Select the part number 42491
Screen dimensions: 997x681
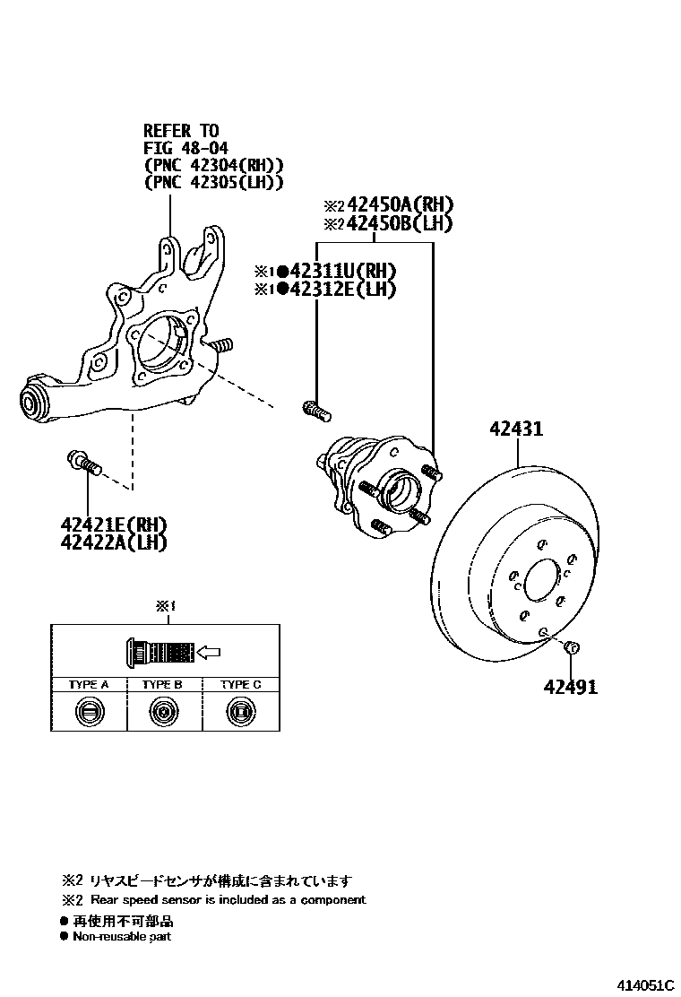point(570,687)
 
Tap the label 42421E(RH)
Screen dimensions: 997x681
point(114,525)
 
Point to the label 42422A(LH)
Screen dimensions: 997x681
point(114,541)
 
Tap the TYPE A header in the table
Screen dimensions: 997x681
point(89,684)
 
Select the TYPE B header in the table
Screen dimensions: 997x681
point(162,684)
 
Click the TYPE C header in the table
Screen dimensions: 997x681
point(240,684)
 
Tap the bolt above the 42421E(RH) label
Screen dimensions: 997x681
point(83,463)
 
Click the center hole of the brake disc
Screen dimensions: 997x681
point(540,581)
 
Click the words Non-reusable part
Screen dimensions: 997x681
point(122,936)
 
